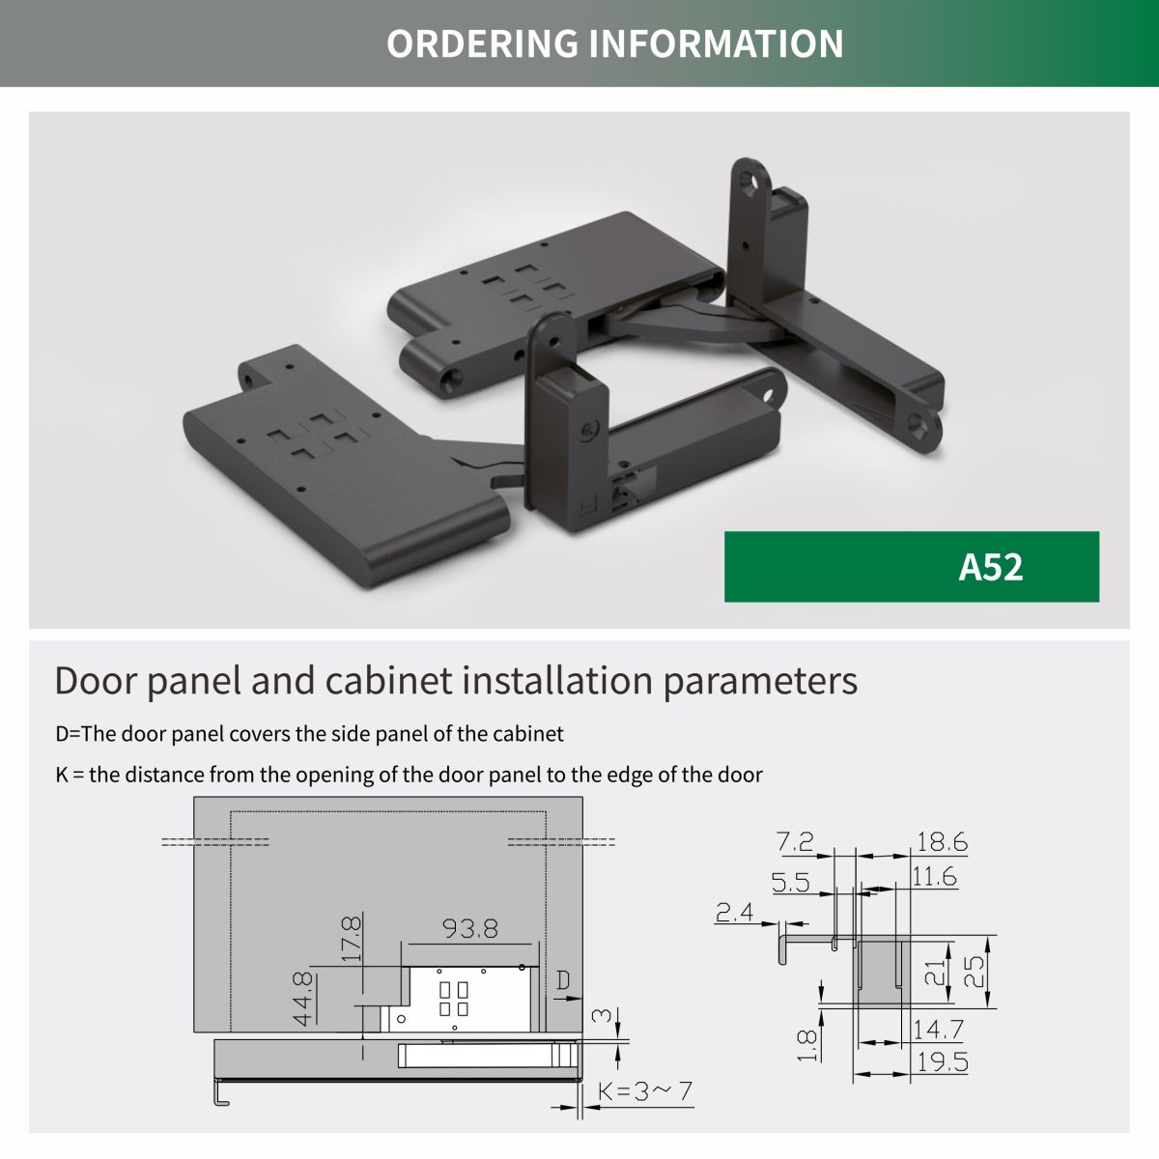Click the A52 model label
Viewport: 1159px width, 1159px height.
[x=990, y=567]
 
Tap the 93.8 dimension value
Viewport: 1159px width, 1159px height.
[x=470, y=929]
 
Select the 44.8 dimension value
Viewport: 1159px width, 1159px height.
[x=303, y=998]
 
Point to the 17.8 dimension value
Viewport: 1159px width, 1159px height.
[x=352, y=939]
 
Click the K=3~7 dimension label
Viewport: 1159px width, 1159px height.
[x=645, y=1090]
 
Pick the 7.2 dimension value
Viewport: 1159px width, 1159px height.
[x=795, y=841]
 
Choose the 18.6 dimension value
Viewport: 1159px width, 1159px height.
[x=942, y=842]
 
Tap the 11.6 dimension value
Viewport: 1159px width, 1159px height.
[x=934, y=876]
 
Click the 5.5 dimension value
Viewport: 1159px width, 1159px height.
[x=790, y=883]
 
